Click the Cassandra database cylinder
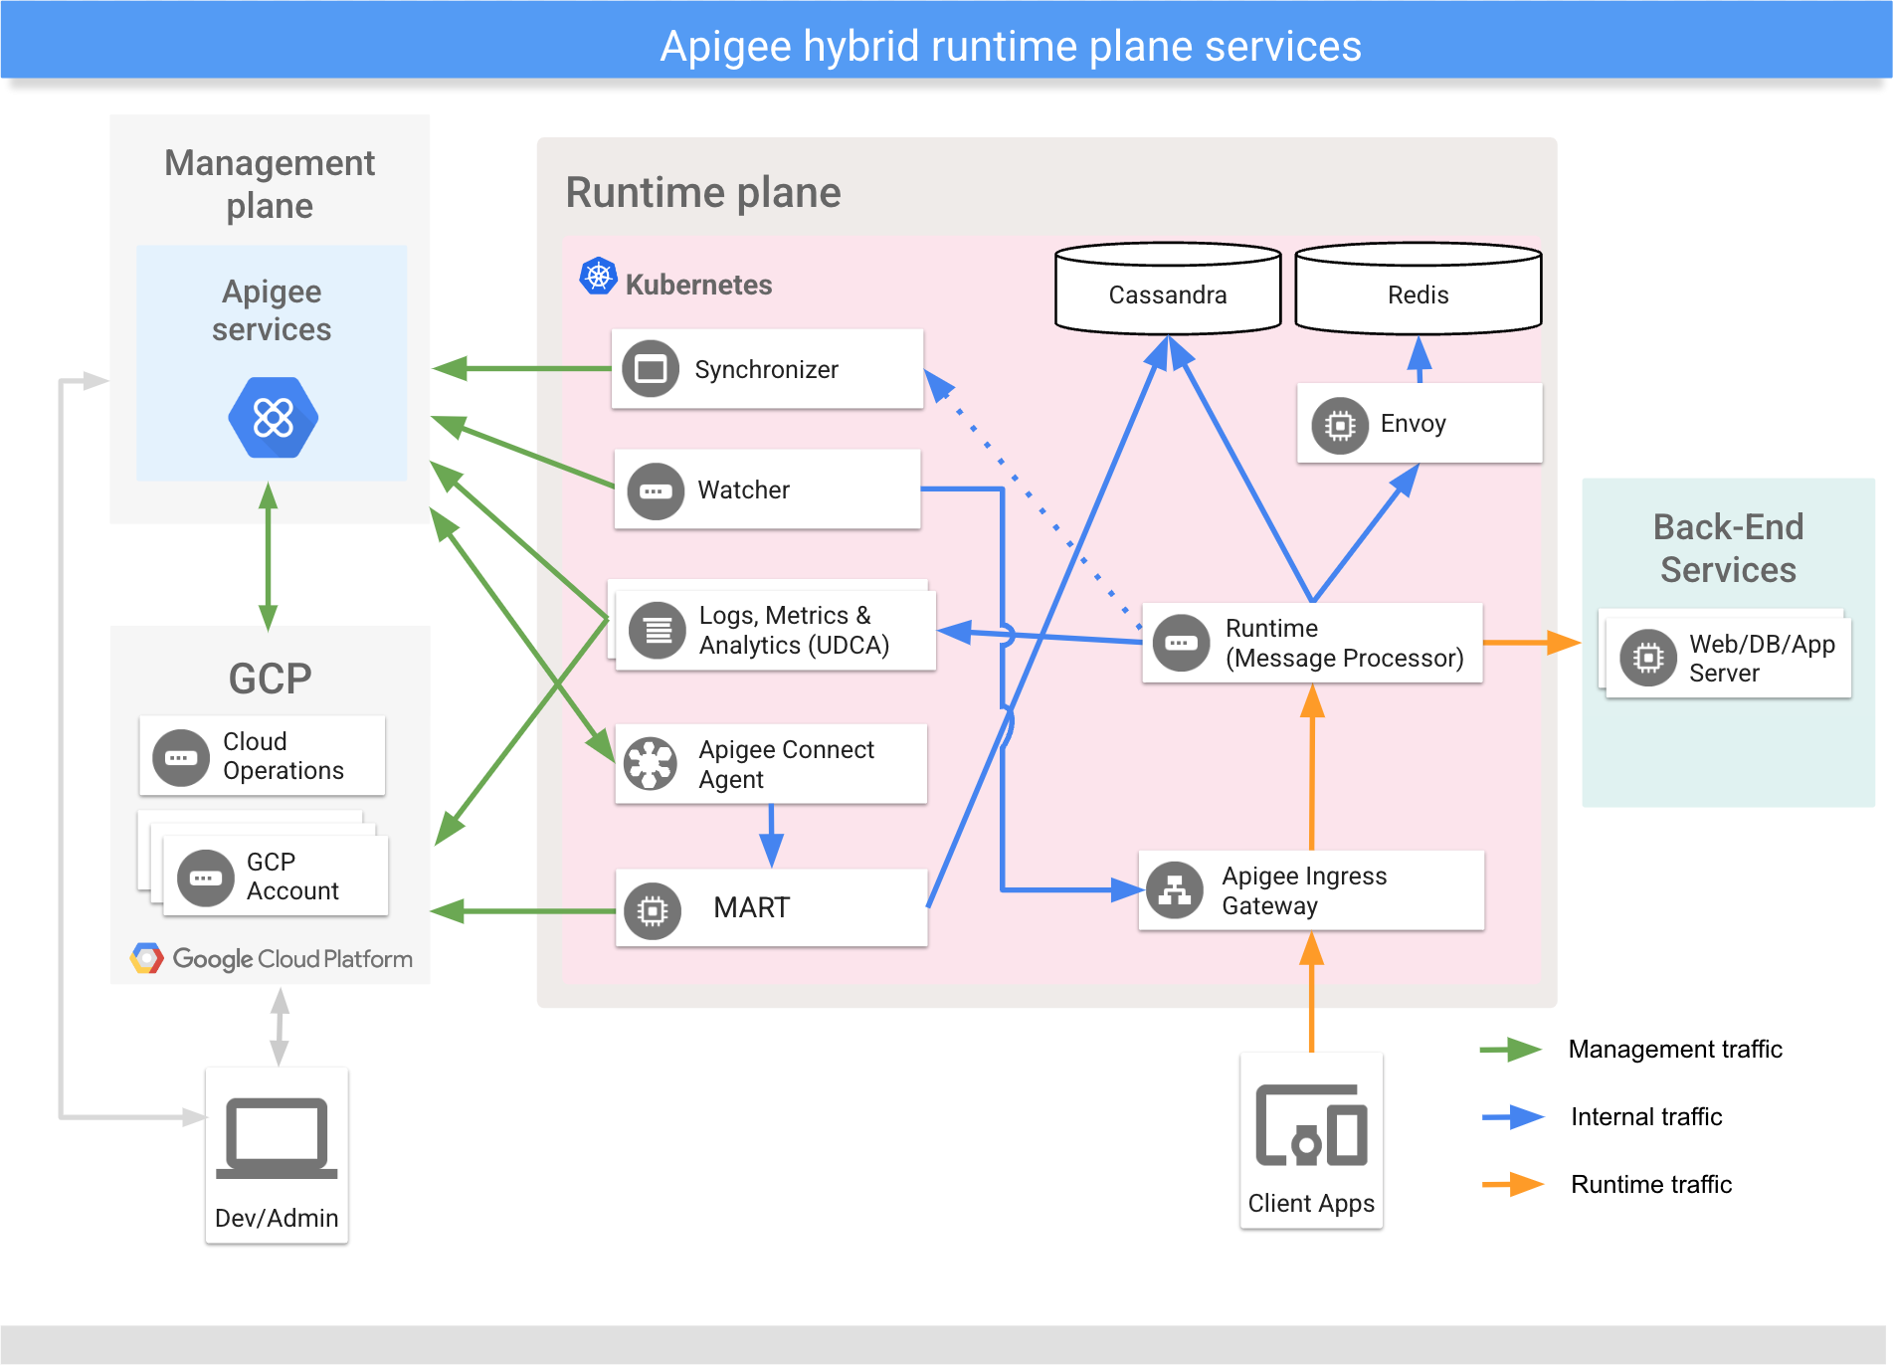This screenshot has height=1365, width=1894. point(1167,290)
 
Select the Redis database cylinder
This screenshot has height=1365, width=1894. point(1418,290)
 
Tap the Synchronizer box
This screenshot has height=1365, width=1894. point(767,369)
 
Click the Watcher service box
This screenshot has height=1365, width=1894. point(767,489)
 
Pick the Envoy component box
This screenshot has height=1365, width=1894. point(1419,424)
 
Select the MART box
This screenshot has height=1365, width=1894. point(771,908)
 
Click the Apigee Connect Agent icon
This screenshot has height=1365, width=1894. point(651,764)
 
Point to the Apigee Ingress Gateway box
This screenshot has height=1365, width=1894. point(1311,890)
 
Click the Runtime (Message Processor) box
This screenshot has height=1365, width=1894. point(1311,644)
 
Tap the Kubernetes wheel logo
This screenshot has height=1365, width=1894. point(599,276)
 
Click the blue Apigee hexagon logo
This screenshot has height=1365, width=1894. point(273,418)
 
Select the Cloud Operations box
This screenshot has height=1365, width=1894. point(262,756)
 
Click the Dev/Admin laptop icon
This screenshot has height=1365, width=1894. point(277,1138)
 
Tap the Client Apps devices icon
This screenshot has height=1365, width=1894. point(1311,1125)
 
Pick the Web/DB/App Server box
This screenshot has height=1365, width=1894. point(1729,658)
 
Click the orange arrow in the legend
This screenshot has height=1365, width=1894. point(1512,1184)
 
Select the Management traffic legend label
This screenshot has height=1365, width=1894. point(1675,1049)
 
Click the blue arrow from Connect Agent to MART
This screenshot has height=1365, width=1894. point(771,836)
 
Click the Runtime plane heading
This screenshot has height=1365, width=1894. point(703,193)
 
